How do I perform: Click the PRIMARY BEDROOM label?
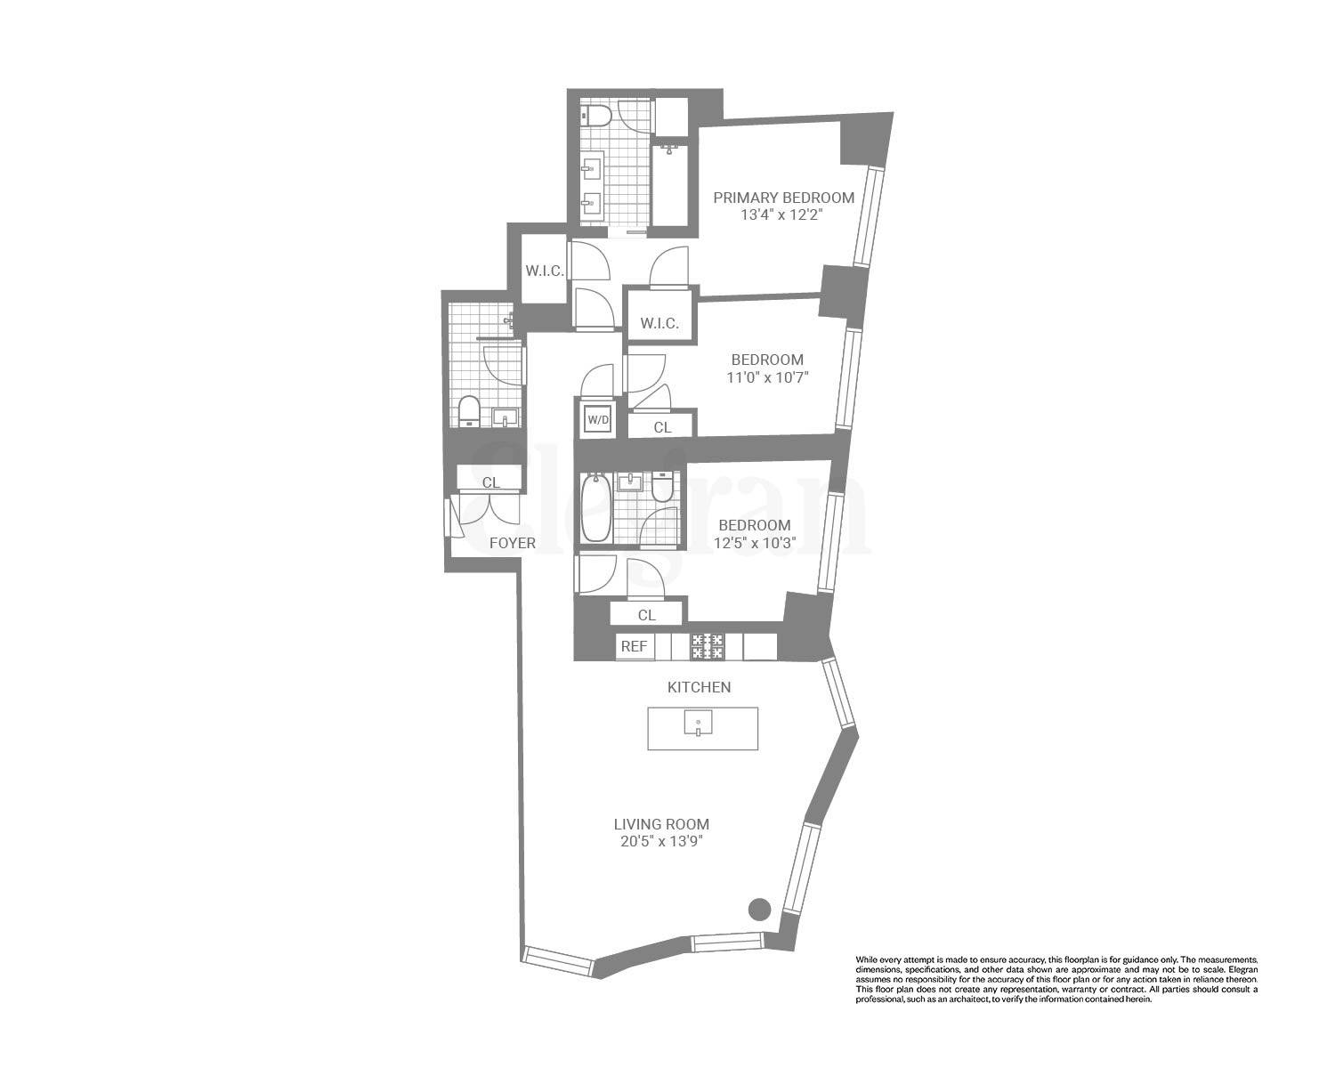[783, 198]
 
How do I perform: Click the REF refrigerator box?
[634, 646]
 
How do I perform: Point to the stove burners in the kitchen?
[708, 646]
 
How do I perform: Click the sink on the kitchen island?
[700, 724]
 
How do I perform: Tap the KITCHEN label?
[700, 687]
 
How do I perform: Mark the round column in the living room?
[758, 910]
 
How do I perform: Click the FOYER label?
[513, 543]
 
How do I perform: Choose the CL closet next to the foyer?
[490, 482]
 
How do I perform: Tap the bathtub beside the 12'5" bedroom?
[595, 508]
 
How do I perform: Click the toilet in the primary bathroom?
[595, 116]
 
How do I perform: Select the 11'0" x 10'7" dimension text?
[766, 377]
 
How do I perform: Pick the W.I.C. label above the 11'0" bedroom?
[659, 323]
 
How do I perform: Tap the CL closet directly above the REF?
[647, 615]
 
